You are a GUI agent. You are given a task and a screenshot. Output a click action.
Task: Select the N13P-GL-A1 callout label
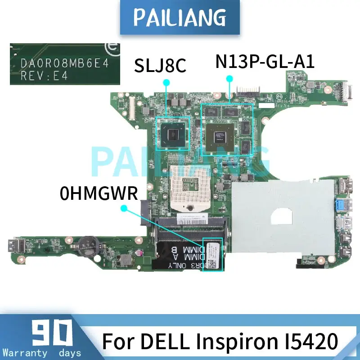click(x=264, y=60)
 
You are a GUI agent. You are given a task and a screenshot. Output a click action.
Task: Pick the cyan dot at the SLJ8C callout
click(x=166, y=82)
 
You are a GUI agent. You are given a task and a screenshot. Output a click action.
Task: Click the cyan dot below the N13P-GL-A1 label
click(x=229, y=78)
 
